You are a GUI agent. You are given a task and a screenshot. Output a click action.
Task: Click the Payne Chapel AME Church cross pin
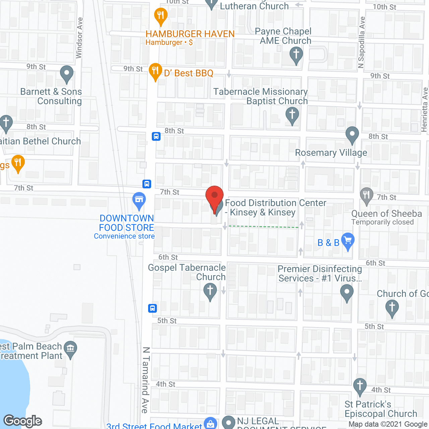(296, 54)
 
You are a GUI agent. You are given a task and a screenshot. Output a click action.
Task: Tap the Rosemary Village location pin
(352, 135)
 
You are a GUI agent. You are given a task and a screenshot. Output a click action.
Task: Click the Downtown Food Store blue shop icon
(139, 200)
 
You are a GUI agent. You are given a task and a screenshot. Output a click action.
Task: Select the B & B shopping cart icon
(348, 241)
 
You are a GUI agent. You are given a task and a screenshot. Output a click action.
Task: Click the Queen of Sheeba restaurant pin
(366, 195)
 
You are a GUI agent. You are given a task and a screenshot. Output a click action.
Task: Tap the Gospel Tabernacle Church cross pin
(210, 291)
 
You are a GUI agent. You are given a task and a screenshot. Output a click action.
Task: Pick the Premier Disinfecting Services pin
(347, 292)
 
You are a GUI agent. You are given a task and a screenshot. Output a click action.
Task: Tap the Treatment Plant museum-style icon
(70, 349)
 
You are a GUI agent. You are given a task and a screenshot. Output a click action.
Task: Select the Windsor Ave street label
(79, 38)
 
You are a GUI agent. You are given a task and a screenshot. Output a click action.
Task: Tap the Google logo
(23, 421)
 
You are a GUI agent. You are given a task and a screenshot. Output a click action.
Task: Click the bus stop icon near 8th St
(156, 136)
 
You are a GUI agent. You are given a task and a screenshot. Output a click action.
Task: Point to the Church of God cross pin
(392, 307)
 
